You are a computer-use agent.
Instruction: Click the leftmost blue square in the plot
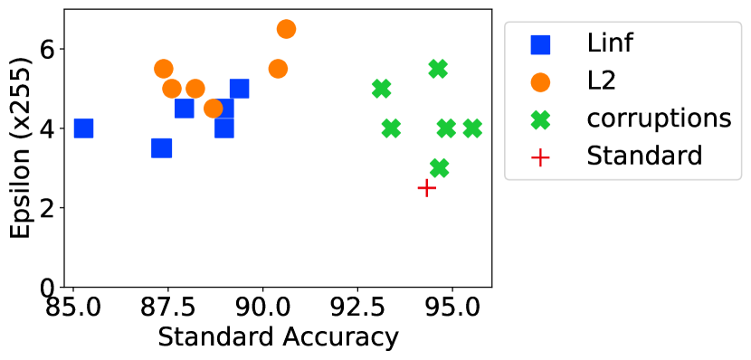point(83,128)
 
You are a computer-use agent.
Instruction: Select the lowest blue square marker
point(161,148)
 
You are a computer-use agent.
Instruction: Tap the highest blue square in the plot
point(239,89)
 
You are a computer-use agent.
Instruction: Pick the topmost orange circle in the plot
point(286,29)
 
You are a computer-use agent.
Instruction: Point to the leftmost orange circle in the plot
point(164,69)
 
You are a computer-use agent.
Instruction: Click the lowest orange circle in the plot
point(214,109)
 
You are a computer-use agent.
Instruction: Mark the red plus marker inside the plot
point(427,187)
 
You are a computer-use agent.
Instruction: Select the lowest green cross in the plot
point(439,168)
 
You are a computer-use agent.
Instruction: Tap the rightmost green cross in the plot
point(472,128)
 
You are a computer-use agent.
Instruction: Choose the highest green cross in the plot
point(438,69)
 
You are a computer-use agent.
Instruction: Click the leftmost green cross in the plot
point(381,89)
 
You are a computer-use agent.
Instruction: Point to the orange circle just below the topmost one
point(278,69)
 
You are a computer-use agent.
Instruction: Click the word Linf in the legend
point(610,43)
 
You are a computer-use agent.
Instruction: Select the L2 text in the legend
point(602,81)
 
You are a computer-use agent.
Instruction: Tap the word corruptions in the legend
point(659,118)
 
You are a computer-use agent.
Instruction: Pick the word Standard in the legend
point(644,156)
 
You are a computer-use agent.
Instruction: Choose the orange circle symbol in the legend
point(540,81)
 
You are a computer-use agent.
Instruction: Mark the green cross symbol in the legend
point(540,118)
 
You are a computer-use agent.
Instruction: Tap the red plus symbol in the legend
point(540,156)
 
